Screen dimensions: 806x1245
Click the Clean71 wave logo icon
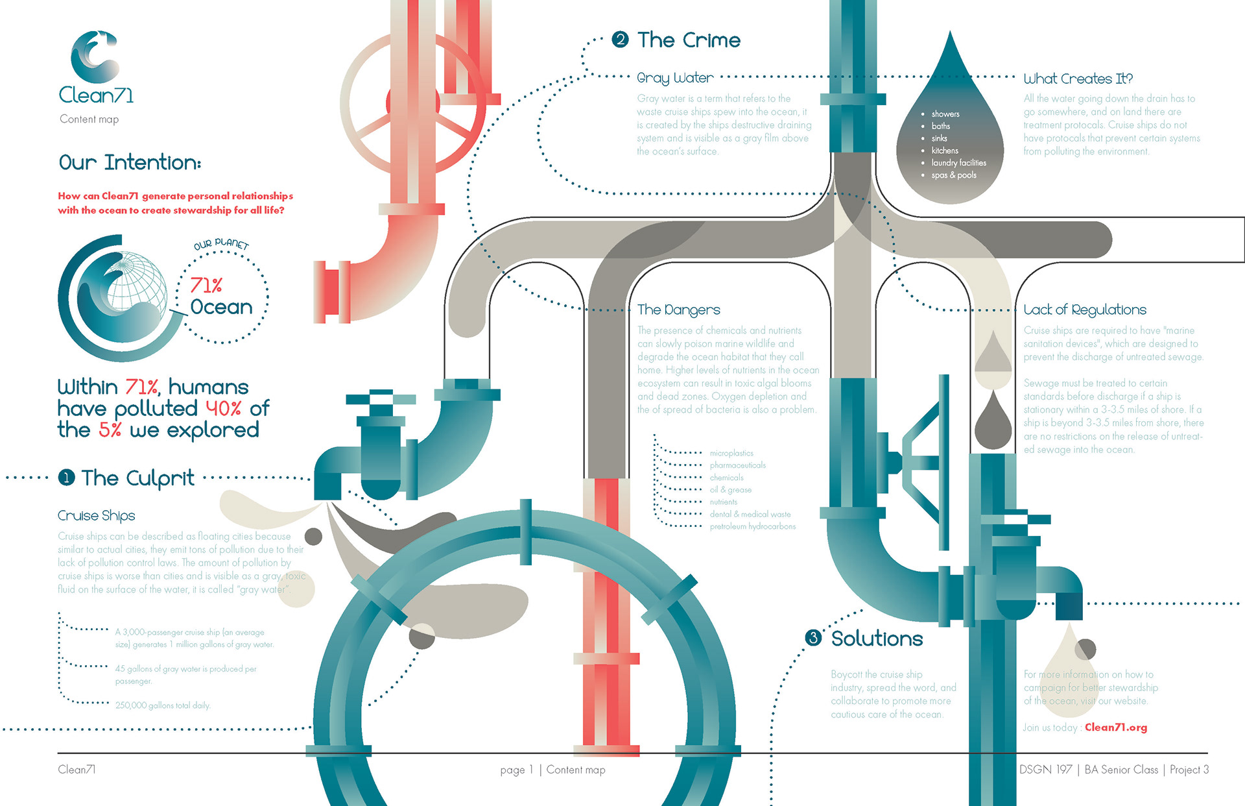pyautogui.click(x=95, y=57)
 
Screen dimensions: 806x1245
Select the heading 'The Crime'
pyautogui.click(x=688, y=40)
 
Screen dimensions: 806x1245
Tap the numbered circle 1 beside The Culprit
pyautogui.click(x=66, y=478)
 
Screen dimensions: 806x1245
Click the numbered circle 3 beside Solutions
pyautogui.click(x=813, y=638)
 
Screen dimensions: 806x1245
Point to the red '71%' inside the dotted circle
pyautogui.click(x=206, y=285)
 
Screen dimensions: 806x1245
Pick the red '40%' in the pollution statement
pyautogui.click(x=224, y=408)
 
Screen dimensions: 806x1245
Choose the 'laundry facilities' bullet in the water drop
pyautogui.click(x=958, y=163)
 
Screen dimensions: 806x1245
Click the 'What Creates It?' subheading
pyautogui.click(x=1078, y=79)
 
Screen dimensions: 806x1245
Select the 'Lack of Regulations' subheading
pyautogui.click(x=1085, y=310)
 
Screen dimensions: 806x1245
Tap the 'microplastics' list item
pyautogui.click(x=731, y=453)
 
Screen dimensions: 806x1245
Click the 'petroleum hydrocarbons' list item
pyautogui.click(x=752, y=526)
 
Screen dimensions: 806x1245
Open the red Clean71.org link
pyautogui.click(x=1115, y=727)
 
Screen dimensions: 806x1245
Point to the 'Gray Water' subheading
pyautogui.click(x=675, y=78)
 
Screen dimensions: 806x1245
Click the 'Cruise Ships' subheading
pyautogui.click(x=97, y=515)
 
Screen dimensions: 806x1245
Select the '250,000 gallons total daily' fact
pyautogui.click(x=163, y=705)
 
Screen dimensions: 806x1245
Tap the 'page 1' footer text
pyautogui.click(x=516, y=770)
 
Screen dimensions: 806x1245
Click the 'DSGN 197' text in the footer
pyautogui.click(x=1045, y=770)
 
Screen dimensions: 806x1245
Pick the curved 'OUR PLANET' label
pyautogui.click(x=221, y=244)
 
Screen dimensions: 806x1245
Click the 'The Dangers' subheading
pyautogui.click(x=678, y=310)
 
